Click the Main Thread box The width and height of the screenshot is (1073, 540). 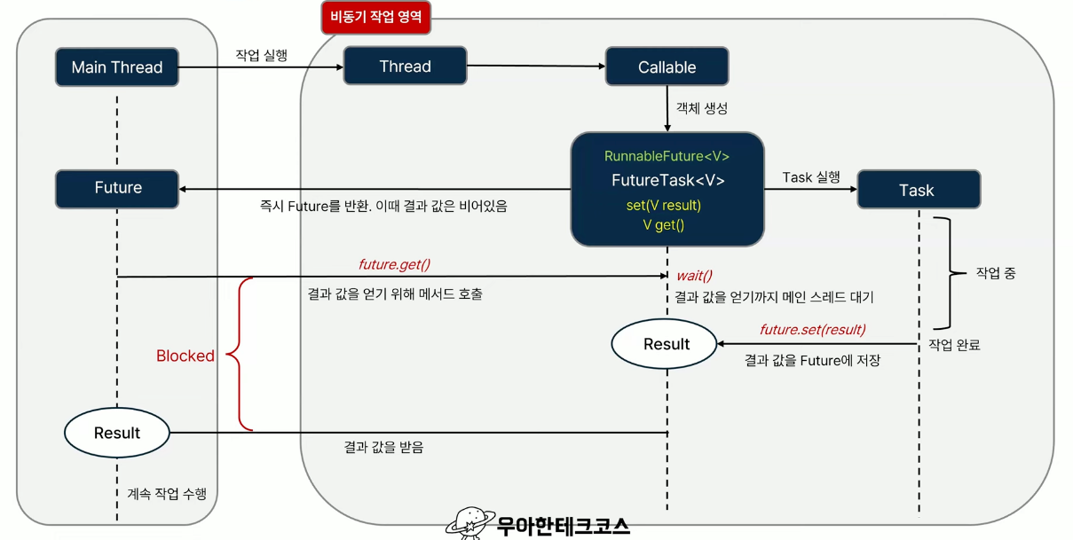[x=116, y=67]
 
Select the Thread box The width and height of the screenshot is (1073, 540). [x=405, y=67]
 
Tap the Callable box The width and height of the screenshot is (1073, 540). [x=667, y=67]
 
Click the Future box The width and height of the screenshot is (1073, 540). [x=117, y=188]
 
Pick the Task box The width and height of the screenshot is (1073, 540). [x=917, y=190]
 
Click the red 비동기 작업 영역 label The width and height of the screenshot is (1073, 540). [x=375, y=16]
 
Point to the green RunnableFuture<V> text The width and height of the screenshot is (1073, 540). [x=667, y=156]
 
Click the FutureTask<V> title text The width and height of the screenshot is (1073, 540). [x=667, y=181]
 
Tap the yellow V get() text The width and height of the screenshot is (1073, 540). [x=664, y=225]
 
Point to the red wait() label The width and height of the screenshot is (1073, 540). [x=694, y=275]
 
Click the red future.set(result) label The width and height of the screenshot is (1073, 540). [x=812, y=330]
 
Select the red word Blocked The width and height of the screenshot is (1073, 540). [x=185, y=356]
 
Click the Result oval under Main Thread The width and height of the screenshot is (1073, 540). [x=116, y=433]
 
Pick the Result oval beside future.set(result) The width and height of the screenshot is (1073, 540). [x=666, y=344]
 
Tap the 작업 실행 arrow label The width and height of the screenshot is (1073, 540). [x=261, y=55]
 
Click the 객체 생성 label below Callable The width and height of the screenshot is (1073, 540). [x=702, y=107]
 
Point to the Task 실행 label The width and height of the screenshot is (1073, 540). [x=811, y=177]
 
